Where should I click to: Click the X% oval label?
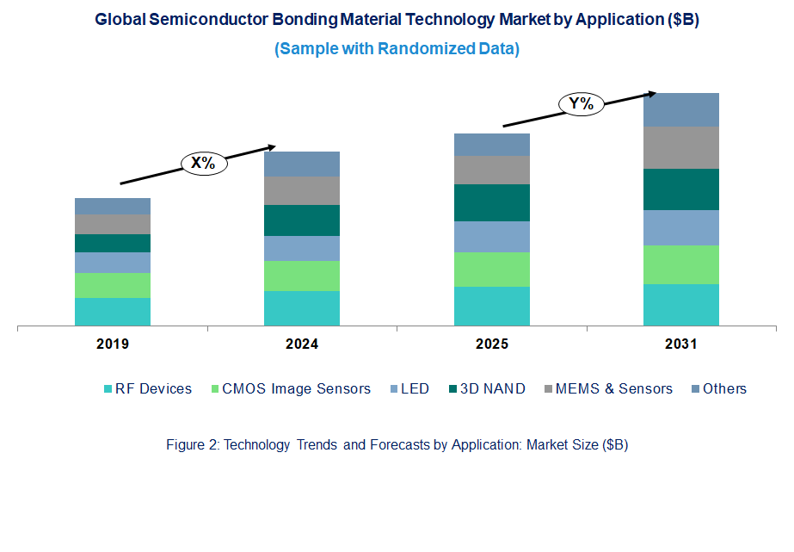[x=203, y=163]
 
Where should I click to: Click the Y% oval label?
[x=582, y=104]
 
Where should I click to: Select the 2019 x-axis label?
[x=113, y=344]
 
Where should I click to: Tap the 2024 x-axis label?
[x=302, y=344]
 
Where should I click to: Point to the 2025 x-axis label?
[x=491, y=344]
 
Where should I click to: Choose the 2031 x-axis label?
[x=680, y=344]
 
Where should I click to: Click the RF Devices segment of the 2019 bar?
[x=113, y=312]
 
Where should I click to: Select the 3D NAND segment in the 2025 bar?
[x=491, y=202]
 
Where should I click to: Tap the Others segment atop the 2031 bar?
[x=680, y=109]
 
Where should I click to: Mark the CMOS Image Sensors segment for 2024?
[x=302, y=276]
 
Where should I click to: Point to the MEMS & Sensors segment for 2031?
[x=680, y=147]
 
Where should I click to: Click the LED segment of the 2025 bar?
[x=491, y=237]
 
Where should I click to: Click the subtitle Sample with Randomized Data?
[x=397, y=49]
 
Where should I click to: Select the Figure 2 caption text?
[x=397, y=445]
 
